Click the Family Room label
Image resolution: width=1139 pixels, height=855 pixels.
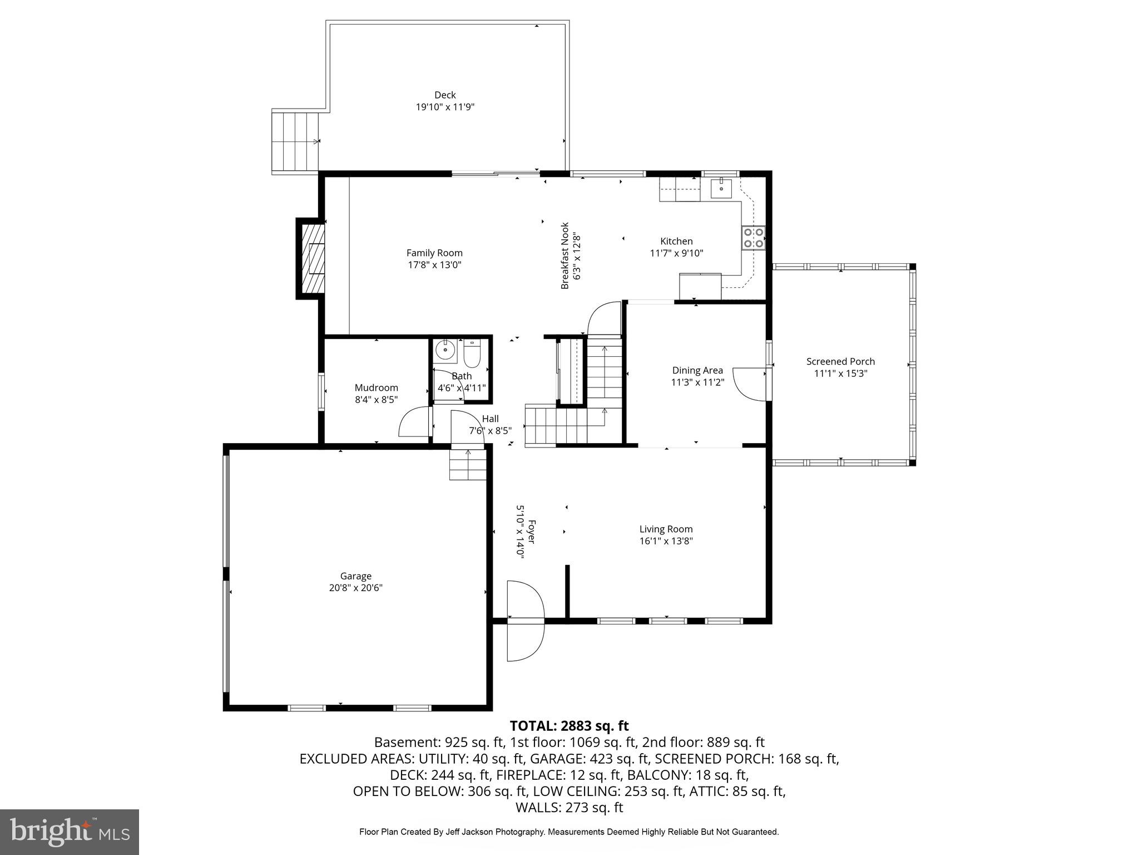coord(434,253)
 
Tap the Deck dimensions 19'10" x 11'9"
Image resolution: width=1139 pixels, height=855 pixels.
coord(445,107)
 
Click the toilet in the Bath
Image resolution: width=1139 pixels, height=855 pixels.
coord(472,355)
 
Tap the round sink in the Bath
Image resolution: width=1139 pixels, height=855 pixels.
coord(445,351)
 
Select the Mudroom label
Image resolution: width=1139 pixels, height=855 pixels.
coord(377,387)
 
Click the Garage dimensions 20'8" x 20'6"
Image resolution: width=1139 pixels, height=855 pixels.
coord(356,588)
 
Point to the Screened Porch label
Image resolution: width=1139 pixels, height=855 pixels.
coord(840,361)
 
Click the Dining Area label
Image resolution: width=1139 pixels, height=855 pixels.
coord(697,370)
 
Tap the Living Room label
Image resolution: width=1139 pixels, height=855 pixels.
coord(666,529)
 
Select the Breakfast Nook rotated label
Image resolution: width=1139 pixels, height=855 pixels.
coord(565,256)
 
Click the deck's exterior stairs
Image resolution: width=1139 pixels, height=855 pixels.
coord(295,141)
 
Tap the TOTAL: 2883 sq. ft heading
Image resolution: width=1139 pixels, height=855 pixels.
coord(569,726)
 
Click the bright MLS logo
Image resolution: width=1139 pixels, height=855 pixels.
coord(70,832)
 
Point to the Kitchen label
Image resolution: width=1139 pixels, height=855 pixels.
coord(676,241)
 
